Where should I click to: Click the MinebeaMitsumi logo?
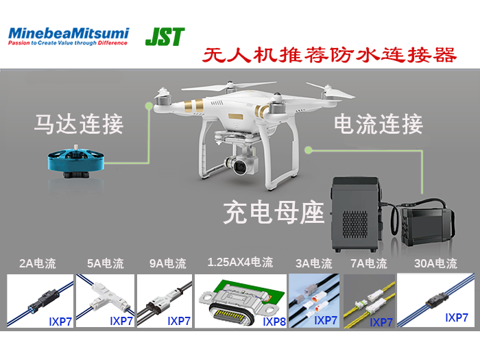click(x=69, y=36)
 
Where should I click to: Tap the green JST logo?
click(x=165, y=37)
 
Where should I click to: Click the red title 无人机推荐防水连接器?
click(x=329, y=55)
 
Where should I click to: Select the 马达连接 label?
click(x=79, y=124)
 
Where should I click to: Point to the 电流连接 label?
click(x=379, y=124)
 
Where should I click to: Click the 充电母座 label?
click(x=274, y=213)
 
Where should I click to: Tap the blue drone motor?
click(x=76, y=161)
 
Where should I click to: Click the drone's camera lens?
click(x=240, y=166)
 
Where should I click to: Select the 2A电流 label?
click(x=38, y=263)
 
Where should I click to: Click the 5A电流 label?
click(x=106, y=263)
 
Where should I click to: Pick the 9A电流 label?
click(x=168, y=263)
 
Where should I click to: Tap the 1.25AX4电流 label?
click(x=240, y=263)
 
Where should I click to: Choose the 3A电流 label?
click(x=314, y=263)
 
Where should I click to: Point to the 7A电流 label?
click(x=369, y=263)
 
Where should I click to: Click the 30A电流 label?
click(x=435, y=263)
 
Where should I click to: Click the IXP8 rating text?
click(x=274, y=322)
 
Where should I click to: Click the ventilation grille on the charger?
click(x=355, y=224)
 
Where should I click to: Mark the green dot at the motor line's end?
click(x=149, y=106)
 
